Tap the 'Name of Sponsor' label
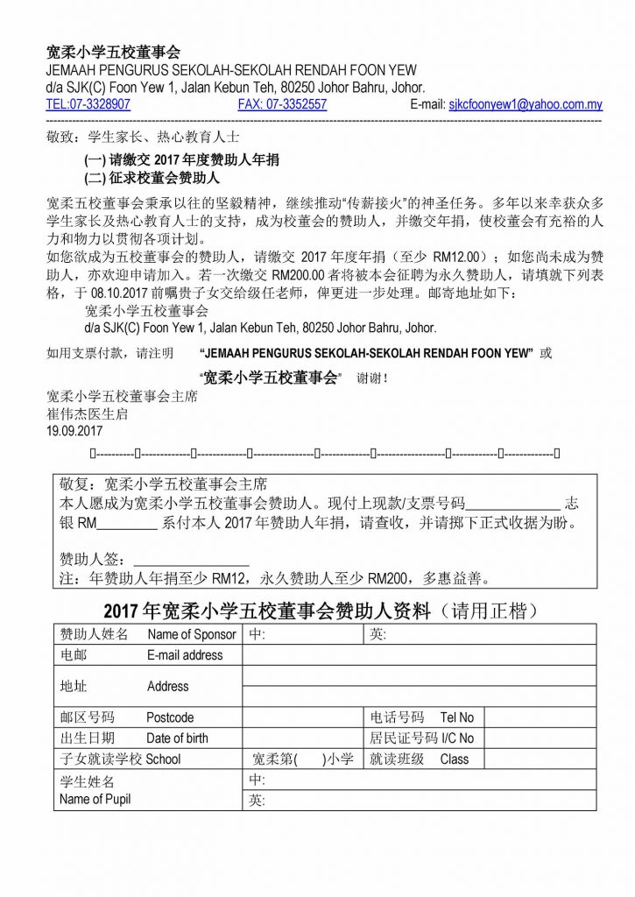click(x=191, y=634)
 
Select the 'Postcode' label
click(x=170, y=717)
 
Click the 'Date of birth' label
click(x=177, y=738)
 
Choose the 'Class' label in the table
click(x=454, y=759)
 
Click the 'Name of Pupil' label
click(x=95, y=799)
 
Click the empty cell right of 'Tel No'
click(x=540, y=717)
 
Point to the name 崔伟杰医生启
click(x=87, y=414)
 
